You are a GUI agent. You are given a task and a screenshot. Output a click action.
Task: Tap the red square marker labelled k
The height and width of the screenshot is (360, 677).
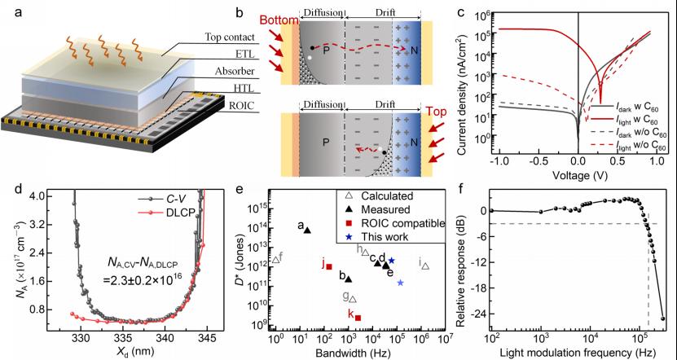point(358,318)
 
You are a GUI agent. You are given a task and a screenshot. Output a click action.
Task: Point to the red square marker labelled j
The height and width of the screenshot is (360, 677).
point(329,266)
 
